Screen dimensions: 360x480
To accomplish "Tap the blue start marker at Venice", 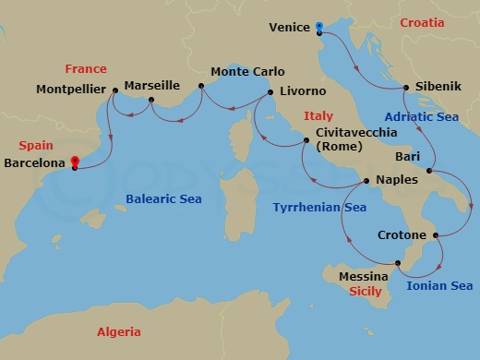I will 318,27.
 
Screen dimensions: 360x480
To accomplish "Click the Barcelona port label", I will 35,162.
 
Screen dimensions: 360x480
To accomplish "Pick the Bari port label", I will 406,157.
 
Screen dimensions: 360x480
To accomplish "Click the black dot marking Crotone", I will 434,235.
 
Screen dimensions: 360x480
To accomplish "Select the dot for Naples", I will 366,181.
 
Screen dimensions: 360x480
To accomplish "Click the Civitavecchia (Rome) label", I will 355,140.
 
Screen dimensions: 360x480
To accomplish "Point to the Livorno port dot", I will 270,92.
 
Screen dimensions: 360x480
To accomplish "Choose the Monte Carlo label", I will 248,71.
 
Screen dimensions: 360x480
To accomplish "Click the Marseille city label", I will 151,85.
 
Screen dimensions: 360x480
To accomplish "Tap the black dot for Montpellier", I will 114,90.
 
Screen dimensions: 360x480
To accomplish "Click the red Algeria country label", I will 120,331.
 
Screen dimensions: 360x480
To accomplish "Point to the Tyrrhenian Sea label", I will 319,208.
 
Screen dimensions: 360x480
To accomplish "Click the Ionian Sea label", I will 439,286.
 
